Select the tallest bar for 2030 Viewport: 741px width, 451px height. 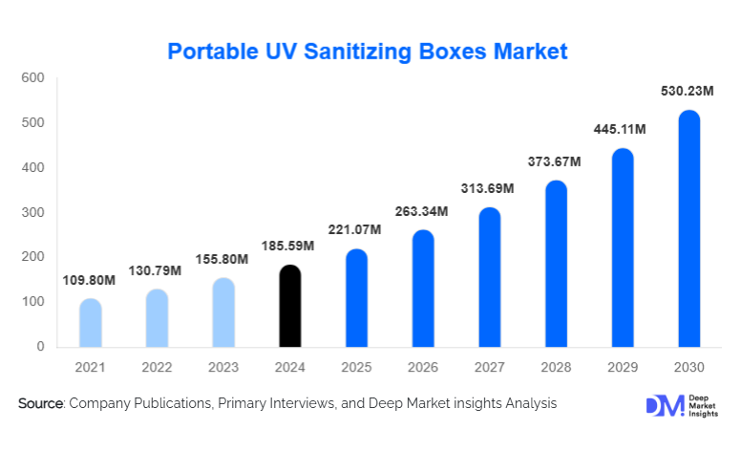688,229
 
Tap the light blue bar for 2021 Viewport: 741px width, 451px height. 91,323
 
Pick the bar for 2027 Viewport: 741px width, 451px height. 489,277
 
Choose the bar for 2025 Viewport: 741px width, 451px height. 356,298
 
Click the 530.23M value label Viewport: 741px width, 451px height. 688,92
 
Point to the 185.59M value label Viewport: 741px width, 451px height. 289,247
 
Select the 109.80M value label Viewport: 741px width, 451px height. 90,280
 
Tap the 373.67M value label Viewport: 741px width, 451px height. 556,161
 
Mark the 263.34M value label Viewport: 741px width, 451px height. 422,210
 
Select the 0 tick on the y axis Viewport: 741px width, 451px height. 40,346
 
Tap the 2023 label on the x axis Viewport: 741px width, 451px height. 223,366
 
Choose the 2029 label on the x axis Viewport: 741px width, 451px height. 623,366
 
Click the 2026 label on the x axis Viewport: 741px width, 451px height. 423,366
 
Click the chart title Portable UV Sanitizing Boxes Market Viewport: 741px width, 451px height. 368,51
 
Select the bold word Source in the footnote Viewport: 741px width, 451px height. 39,404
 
